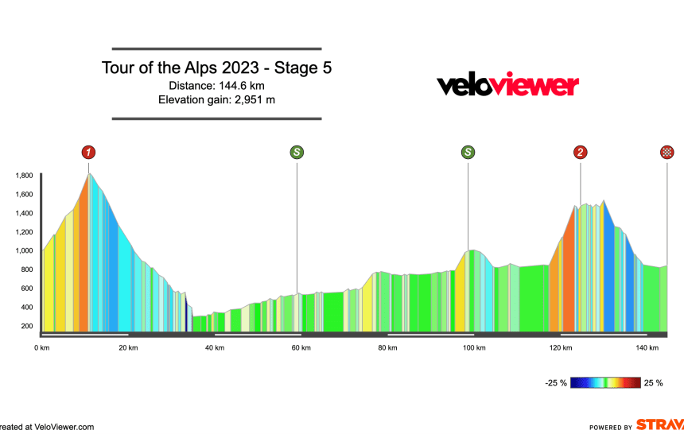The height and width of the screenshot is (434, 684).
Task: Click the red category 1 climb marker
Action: click(x=88, y=152)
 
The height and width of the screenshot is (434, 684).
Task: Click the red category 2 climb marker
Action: click(x=581, y=152)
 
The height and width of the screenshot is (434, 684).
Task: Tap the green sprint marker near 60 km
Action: click(x=297, y=152)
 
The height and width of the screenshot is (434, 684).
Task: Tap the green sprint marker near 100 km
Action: click(x=468, y=152)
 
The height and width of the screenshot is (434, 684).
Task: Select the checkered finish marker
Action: click(x=667, y=152)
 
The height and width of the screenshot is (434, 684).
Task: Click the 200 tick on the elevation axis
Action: click(x=27, y=326)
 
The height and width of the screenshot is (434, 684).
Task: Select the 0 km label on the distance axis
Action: click(x=43, y=347)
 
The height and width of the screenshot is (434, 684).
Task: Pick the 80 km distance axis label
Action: click(x=387, y=347)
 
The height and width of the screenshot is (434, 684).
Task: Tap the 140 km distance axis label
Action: click(x=647, y=347)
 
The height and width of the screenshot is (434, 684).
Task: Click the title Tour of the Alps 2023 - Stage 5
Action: click(x=216, y=68)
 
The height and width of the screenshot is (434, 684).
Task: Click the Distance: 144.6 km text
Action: click(x=216, y=86)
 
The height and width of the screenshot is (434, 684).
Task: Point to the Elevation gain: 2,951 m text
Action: click(x=216, y=99)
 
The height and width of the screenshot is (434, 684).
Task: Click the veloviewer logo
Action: click(x=507, y=85)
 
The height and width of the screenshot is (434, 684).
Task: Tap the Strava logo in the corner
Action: click(x=659, y=425)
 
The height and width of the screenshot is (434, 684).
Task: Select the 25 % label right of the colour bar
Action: click(x=653, y=383)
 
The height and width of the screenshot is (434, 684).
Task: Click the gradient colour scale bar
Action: click(x=606, y=383)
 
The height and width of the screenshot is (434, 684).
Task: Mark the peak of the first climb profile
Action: click(x=90, y=173)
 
